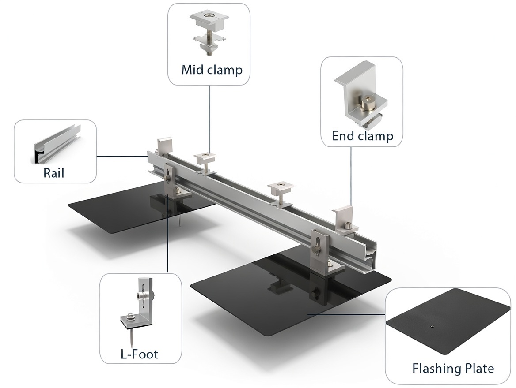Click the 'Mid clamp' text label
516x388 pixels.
coord(212,70)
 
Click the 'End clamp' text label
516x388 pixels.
coord(362,136)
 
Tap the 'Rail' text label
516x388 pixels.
coord(53,172)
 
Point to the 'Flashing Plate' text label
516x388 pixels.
coord(453,368)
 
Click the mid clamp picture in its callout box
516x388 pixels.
coord(209,31)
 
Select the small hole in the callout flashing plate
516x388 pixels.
coord(432,327)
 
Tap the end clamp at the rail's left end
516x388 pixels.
coord(164,146)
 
